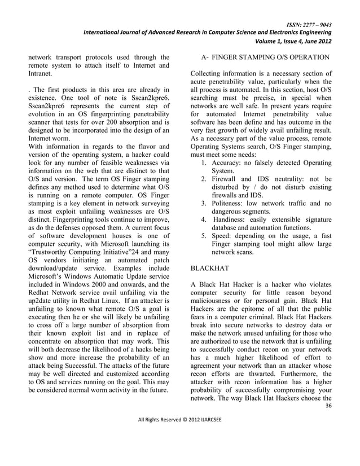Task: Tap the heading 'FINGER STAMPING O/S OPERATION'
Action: click(x=269, y=57)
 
